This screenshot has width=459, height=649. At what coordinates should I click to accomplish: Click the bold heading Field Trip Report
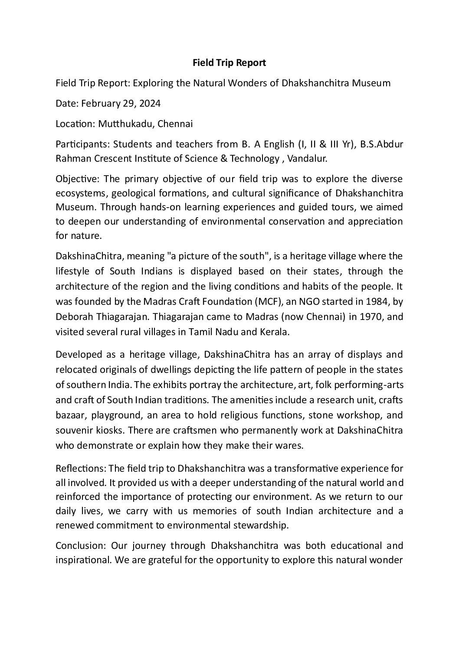tap(229, 63)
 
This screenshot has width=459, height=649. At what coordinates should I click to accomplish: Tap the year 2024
tap(150, 104)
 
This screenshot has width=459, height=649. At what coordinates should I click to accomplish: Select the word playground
tap(115, 415)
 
